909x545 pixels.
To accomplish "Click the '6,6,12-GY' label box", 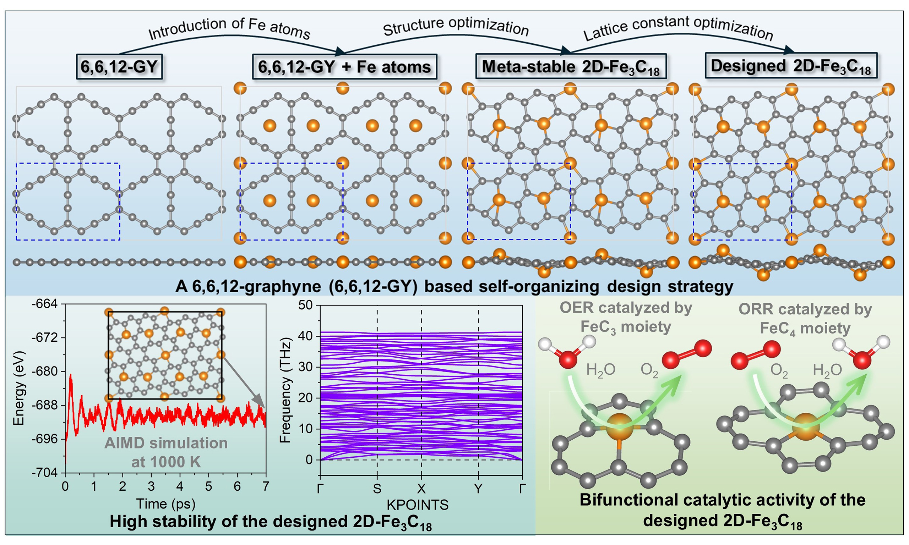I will click(x=119, y=67).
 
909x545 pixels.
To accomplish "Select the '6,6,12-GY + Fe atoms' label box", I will click(x=344, y=67).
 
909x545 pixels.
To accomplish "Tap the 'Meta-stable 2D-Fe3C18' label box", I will click(x=571, y=66).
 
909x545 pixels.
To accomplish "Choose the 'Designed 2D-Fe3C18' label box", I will click(x=791, y=66).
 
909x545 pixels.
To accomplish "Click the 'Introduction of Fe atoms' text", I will click(x=229, y=28).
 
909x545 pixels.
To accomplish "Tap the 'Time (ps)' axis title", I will click(x=165, y=503).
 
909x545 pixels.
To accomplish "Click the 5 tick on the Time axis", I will click(x=208, y=486).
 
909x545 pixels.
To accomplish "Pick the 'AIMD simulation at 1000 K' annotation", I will click(x=166, y=452).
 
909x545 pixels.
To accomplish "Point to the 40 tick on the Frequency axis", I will click(x=305, y=336).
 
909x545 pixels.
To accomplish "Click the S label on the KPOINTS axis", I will click(x=377, y=489).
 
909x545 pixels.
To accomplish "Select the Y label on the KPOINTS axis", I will click(x=478, y=489).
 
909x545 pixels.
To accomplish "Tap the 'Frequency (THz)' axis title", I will click(x=285, y=390).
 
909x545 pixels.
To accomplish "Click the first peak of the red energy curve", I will click(x=71, y=375).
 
